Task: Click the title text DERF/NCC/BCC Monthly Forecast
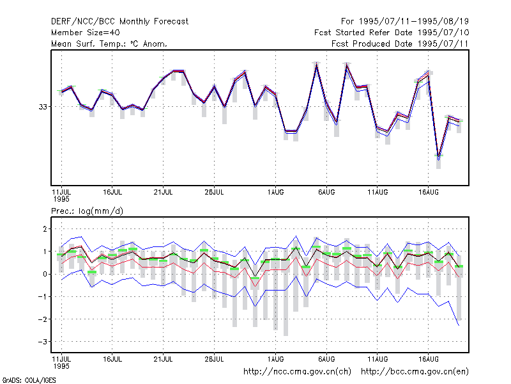click(119, 22)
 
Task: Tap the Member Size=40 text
click(86, 33)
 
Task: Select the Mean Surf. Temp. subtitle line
click(109, 44)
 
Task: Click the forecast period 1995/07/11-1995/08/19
click(405, 22)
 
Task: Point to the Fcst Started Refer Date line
click(392, 33)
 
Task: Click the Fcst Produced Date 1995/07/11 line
click(400, 44)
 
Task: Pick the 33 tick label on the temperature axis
click(43, 107)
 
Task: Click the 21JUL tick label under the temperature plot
click(163, 193)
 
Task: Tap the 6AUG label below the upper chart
click(326, 193)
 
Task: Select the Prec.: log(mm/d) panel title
click(87, 211)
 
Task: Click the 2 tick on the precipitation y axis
click(45, 229)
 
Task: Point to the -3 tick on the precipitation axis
click(43, 342)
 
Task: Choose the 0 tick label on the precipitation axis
click(45, 275)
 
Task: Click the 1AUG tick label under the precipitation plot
click(275, 359)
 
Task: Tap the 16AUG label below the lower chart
click(428, 359)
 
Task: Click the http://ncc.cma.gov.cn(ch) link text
click(297, 372)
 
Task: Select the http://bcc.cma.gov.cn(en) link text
click(415, 372)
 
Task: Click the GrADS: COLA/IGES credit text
click(29, 380)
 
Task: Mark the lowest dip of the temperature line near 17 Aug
click(439, 157)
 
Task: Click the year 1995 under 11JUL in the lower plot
click(61, 366)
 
